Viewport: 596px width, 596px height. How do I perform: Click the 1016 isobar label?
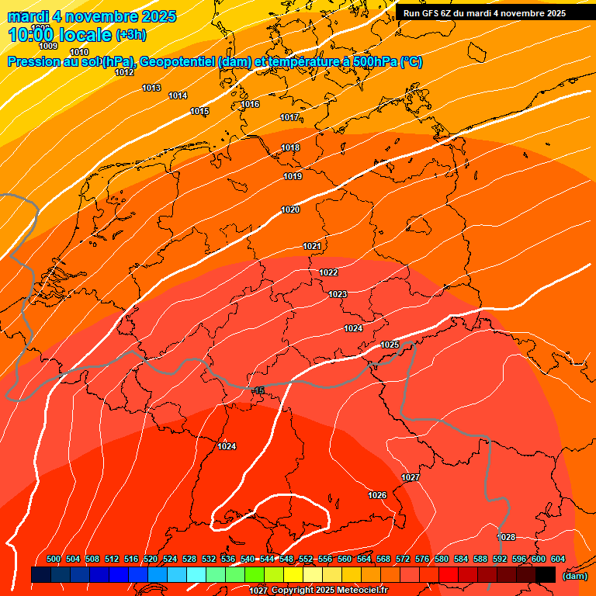coord(250,104)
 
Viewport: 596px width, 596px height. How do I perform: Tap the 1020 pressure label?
coord(290,210)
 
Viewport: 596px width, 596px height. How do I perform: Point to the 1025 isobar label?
coord(390,345)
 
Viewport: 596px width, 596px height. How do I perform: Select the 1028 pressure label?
coord(506,537)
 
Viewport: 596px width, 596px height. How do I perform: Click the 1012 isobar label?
coord(124,72)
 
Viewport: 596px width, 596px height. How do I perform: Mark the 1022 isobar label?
coord(328,272)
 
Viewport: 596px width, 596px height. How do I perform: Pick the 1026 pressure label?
coord(377,495)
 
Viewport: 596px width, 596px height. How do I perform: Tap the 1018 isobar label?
coord(290,147)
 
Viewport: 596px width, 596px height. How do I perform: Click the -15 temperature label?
coord(258,390)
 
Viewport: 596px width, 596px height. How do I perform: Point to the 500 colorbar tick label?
coord(54,560)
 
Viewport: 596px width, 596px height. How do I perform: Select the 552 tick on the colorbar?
coord(306,560)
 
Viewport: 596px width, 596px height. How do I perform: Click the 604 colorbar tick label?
coord(558,560)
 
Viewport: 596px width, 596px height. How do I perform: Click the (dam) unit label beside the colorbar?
coord(574,575)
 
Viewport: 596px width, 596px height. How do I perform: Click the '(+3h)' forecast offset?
coord(130,35)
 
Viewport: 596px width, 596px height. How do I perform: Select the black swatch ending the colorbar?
coord(546,574)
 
